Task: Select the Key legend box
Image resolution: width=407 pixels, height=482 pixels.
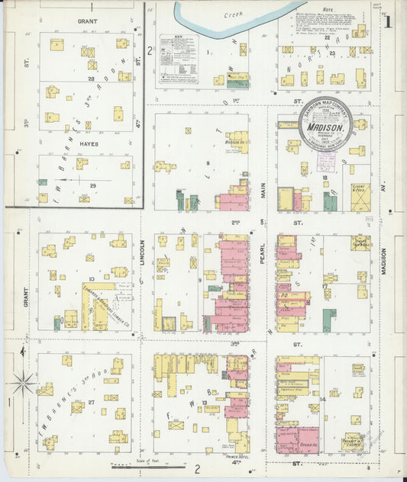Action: click(x=178, y=58)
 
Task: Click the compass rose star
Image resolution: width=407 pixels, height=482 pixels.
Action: click(x=23, y=381)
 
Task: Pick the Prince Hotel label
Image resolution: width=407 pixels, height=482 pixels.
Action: click(x=239, y=457)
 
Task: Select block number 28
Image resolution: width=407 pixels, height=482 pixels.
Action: click(x=91, y=79)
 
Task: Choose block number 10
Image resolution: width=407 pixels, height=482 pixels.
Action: click(x=90, y=280)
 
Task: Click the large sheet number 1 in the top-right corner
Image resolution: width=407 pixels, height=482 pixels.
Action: click(x=388, y=21)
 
